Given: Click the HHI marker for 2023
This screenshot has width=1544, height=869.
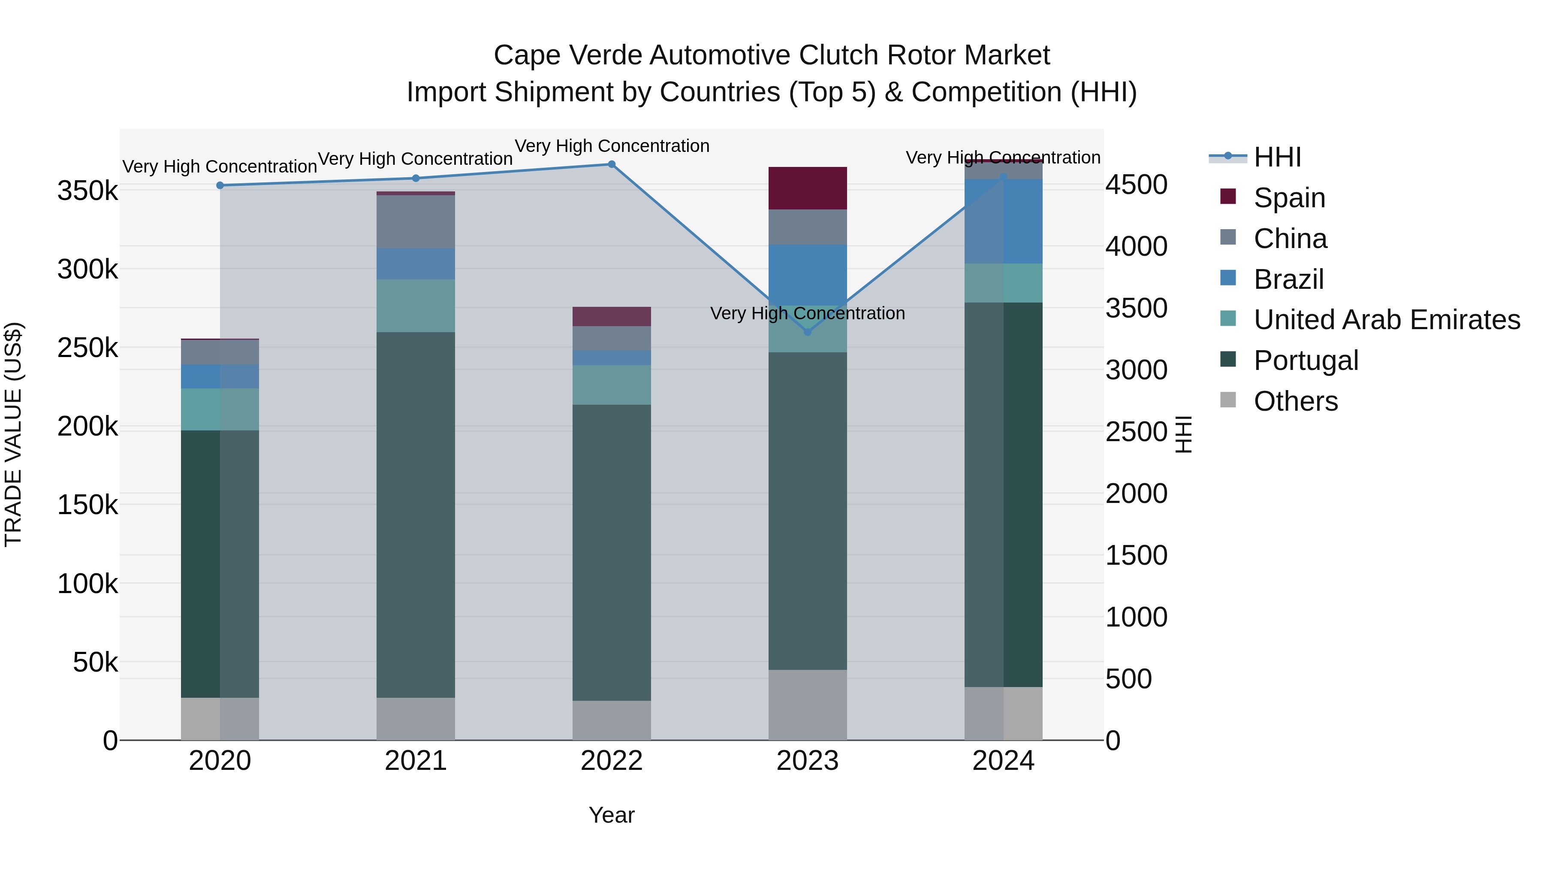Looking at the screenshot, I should tap(807, 332).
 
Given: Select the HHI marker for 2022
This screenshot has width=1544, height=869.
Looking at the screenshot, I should tap(611, 164).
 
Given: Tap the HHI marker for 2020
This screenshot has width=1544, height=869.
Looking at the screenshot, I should tap(220, 185).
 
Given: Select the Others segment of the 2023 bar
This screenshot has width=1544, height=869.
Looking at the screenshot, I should tap(807, 705).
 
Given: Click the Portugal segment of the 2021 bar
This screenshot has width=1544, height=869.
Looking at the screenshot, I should tap(415, 515).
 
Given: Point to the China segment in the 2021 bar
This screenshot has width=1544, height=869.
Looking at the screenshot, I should tap(415, 221).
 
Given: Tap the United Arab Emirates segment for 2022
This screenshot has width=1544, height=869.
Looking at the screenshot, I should tap(611, 385).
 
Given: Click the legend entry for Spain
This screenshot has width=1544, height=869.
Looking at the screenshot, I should tap(1289, 197).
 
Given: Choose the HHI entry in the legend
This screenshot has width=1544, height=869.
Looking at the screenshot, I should tap(1277, 157).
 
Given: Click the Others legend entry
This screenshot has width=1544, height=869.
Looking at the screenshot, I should tap(1295, 401).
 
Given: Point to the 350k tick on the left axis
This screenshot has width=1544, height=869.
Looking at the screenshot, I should tap(87, 191).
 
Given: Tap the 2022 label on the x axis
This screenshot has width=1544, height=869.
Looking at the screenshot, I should tap(611, 761).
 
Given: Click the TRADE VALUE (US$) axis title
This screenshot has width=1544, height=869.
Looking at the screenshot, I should tap(13, 435).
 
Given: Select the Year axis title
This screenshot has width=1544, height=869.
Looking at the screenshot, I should tap(611, 815).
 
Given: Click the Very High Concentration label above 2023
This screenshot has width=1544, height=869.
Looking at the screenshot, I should tap(807, 313).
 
